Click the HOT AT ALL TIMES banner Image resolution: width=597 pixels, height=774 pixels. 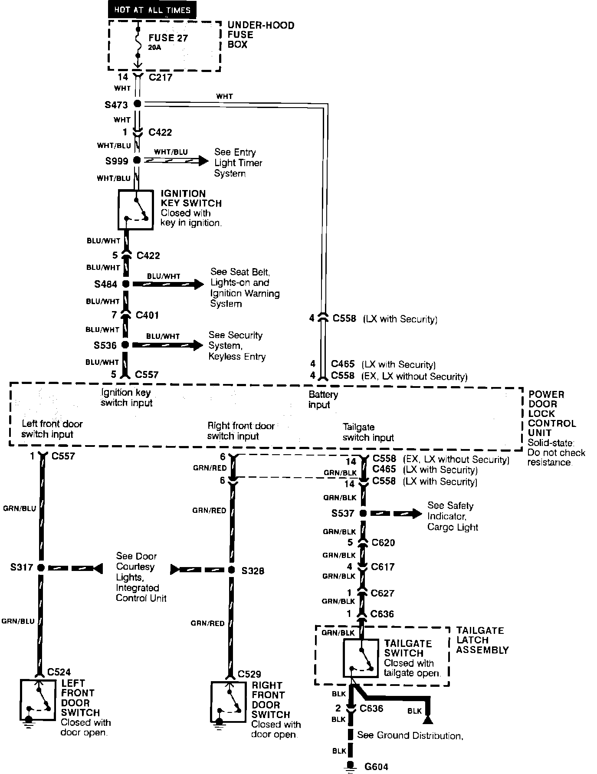click(x=152, y=10)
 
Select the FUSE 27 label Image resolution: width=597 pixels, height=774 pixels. click(x=168, y=38)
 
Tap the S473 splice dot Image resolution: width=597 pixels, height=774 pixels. click(x=138, y=104)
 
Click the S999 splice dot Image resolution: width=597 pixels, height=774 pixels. click(x=137, y=161)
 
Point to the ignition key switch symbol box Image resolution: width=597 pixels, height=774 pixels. click(x=136, y=210)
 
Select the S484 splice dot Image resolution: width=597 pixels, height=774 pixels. click(x=126, y=284)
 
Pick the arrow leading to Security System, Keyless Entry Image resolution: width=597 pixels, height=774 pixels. click(x=167, y=345)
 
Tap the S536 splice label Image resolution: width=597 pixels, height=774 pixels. click(x=105, y=346)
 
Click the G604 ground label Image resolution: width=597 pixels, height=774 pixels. click(x=376, y=767)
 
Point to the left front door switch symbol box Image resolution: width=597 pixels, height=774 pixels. click(x=38, y=700)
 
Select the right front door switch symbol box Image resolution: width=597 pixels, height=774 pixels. click(x=228, y=702)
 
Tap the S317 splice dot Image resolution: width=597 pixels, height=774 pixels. click(x=41, y=567)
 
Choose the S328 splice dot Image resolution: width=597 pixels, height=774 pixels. click(x=232, y=570)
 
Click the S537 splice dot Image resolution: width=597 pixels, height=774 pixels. click(x=363, y=513)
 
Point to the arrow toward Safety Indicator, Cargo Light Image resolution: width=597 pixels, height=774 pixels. click(x=396, y=514)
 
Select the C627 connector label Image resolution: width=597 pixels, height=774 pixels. click(x=382, y=593)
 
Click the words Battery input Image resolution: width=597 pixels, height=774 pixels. click(x=323, y=400)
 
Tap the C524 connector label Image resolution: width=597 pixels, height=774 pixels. click(x=59, y=672)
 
